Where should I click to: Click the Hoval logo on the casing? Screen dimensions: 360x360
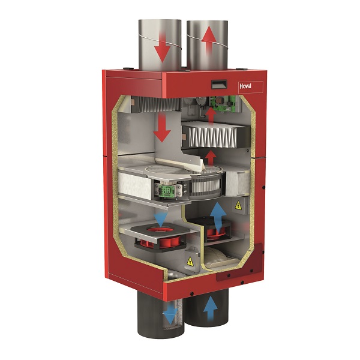click(245, 86)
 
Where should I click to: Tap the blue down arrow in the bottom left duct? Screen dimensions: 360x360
click(170, 313)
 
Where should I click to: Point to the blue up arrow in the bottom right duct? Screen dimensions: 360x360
click(211, 308)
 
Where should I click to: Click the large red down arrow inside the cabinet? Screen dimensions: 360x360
click(162, 128)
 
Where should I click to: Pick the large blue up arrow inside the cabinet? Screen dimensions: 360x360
click(218, 218)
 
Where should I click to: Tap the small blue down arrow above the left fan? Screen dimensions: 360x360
click(160, 219)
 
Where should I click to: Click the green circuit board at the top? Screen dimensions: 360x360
click(223, 103)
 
